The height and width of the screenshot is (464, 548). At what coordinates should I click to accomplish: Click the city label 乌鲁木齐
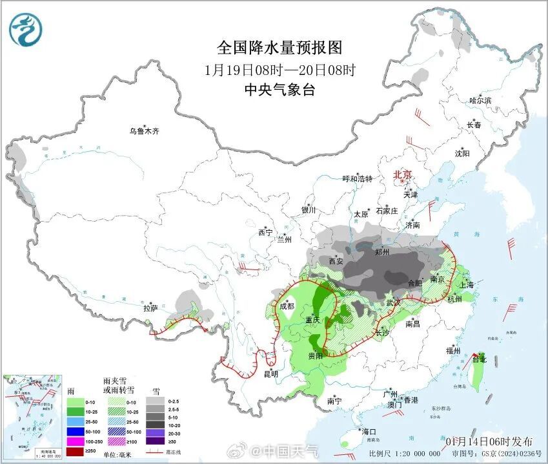pyautogui.click(x=143, y=131)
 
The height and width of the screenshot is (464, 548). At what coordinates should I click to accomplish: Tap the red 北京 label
pyautogui.click(x=404, y=174)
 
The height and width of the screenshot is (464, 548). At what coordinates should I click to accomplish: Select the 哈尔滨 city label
pyautogui.click(x=480, y=101)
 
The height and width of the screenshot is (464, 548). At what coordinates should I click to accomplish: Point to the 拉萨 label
pyautogui.click(x=150, y=308)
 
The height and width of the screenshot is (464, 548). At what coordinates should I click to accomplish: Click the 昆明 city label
pyautogui.click(x=271, y=374)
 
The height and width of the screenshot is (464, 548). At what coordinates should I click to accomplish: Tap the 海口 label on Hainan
pyautogui.click(x=369, y=432)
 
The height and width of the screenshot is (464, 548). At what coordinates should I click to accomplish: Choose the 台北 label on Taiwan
pyautogui.click(x=479, y=359)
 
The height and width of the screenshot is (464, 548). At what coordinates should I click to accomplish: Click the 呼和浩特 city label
pyautogui.click(x=357, y=179)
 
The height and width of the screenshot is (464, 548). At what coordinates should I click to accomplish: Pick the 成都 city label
pyautogui.click(x=287, y=307)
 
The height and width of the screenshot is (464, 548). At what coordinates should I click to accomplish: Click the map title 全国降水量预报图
pyautogui.click(x=279, y=48)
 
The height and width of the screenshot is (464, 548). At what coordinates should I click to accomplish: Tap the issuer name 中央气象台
pyautogui.click(x=279, y=90)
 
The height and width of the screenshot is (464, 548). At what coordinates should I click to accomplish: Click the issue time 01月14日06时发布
pyautogui.click(x=489, y=441)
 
